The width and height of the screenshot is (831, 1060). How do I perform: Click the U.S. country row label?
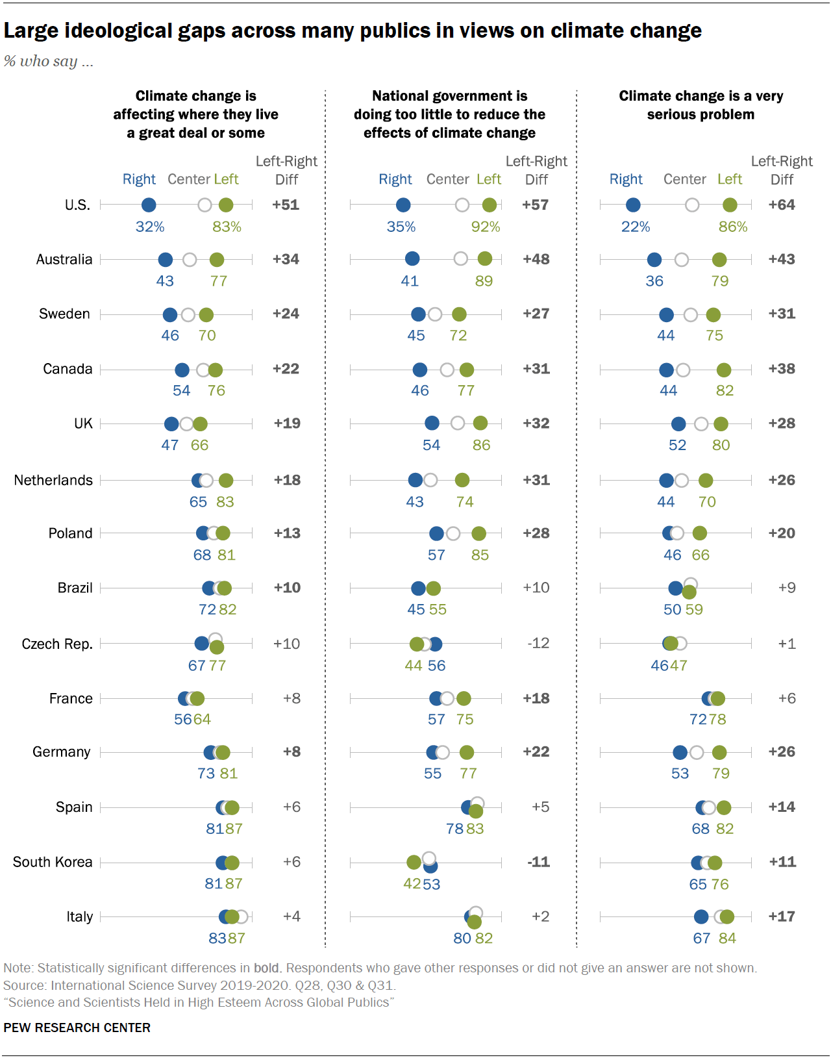click(x=77, y=205)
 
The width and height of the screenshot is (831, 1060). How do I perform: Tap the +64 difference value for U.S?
click(x=782, y=205)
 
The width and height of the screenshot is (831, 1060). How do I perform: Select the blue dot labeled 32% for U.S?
click(x=149, y=205)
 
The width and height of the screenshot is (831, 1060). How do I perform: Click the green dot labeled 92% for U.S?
click(x=490, y=205)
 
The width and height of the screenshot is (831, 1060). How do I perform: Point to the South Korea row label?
click(x=53, y=862)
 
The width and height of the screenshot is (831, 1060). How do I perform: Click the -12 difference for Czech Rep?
click(x=538, y=643)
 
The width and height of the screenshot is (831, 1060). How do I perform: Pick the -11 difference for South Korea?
click(x=538, y=862)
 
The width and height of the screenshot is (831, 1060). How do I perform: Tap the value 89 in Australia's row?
click(x=484, y=281)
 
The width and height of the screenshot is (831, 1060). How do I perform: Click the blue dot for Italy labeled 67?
click(x=701, y=916)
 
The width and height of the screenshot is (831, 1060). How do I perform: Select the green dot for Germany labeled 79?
click(x=719, y=752)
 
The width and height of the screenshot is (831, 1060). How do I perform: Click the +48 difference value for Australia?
click(x=536, y=259)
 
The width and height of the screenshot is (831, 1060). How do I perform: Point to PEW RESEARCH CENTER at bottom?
click(x=77, y=1028)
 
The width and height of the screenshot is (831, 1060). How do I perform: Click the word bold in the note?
click(x=266, y=968)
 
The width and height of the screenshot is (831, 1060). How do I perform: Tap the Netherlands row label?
click(x=53, y=480)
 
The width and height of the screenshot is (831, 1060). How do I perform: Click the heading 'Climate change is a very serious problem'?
click(x=701, y=105)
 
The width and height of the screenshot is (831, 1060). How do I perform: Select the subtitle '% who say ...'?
click(x=49, y=61)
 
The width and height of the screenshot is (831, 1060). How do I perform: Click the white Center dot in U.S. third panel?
click(x=692, y=205)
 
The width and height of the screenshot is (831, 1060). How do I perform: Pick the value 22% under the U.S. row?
click(x=636, y=227)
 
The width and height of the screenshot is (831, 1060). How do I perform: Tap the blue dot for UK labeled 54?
click(x=432, y=423)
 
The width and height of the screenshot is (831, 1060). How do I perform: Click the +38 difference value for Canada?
click(x=782, y=368)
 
